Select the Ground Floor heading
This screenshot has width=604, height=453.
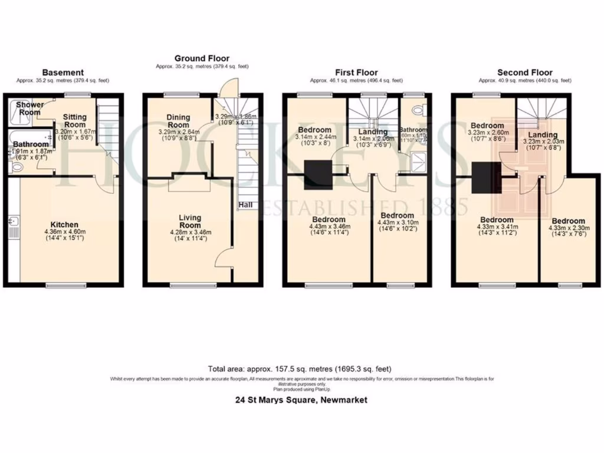point(202,58)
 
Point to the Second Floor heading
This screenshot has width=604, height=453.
point(524,73)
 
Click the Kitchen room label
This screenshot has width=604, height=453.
point(64,225)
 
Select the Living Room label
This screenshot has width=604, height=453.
point(190,221)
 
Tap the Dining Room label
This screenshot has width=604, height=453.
point(178,121)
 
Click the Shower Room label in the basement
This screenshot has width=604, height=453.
point(29,109)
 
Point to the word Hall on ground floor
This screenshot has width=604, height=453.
point(246,205)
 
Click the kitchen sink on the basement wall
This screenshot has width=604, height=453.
point(13,223)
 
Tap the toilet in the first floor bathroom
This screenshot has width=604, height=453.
point(419,109)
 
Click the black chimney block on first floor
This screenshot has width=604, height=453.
point(314,176)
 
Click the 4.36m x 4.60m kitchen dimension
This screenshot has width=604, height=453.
point(64,232)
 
